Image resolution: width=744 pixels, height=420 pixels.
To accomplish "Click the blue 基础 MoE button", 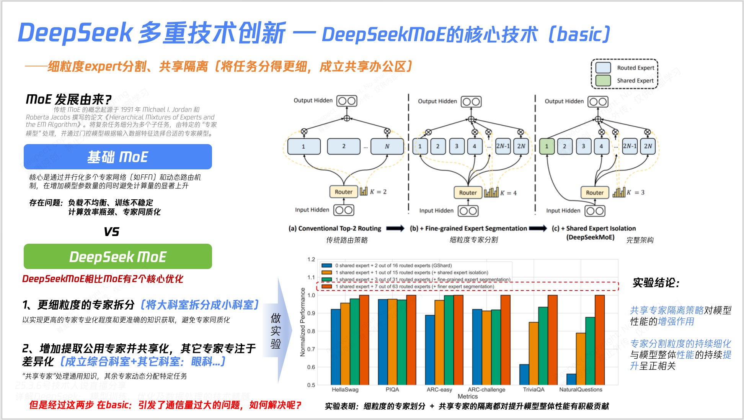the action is point(117,157).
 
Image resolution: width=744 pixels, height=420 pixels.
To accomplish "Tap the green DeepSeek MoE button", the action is point(117,256).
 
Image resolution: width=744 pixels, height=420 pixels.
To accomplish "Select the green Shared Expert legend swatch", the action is point(603,80).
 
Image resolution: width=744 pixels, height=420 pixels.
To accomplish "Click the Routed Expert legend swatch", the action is point(603,68).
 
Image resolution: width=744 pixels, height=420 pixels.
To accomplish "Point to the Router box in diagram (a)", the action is point(343,192).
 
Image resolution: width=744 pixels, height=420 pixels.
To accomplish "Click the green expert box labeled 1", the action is point(547,146).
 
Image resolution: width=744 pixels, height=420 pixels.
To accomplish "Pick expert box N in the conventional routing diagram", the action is point(387,146).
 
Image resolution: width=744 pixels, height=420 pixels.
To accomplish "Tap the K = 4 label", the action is point(509,193).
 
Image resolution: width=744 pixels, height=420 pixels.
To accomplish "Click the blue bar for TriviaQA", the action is point(524,374).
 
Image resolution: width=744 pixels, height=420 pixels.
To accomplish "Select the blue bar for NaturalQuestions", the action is point(571,379).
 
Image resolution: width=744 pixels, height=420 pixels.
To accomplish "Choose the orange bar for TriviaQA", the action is point(534,353).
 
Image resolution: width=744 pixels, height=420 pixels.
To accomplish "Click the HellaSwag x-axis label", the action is point(345,390).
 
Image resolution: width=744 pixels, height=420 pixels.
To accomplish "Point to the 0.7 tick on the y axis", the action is point(311,349).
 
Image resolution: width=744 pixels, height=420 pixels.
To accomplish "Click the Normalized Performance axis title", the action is point(303,322).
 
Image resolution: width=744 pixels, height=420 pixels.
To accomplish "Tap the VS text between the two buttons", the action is point(111,232).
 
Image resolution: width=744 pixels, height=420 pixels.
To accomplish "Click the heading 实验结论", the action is point(656,283).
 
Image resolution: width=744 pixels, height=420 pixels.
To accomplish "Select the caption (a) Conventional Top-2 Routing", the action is point(335,228).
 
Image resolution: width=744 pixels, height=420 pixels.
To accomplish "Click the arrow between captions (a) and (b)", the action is point(395,228).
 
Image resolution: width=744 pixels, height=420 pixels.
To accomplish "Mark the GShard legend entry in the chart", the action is point(393,266).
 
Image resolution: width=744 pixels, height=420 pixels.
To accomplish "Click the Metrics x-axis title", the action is point(467,397).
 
